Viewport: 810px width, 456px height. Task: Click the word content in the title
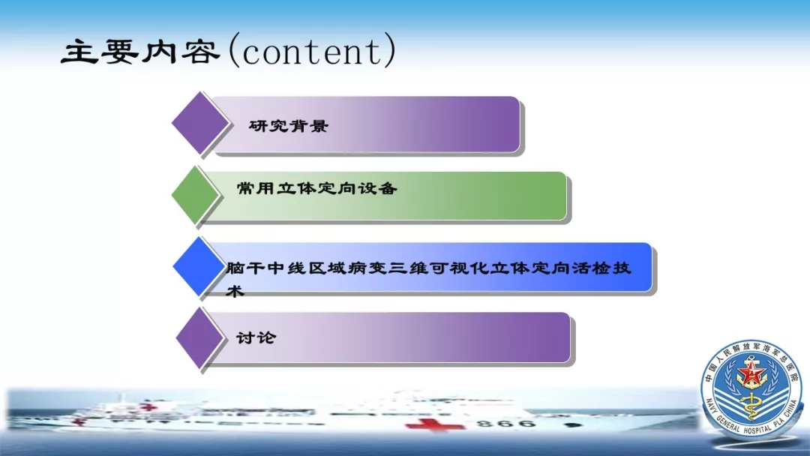(311, 52)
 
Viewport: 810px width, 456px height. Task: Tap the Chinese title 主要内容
(140, 52)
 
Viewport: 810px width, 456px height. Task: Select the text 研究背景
(288, 125)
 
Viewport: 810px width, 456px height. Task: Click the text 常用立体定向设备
(316, 188)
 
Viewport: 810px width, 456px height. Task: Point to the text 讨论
(256, 337)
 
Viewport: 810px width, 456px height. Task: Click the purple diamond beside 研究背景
(200, 123)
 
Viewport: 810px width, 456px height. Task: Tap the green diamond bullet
(196, 195)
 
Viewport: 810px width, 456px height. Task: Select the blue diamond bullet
(198, 266)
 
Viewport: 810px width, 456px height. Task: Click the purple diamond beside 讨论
(200, 337)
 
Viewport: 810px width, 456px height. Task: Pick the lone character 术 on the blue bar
(235, 291)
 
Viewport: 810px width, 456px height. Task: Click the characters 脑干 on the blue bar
(245, 268)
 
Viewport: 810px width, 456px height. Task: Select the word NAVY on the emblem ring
(712, 407)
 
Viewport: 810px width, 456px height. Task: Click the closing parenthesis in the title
(390, 50)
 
